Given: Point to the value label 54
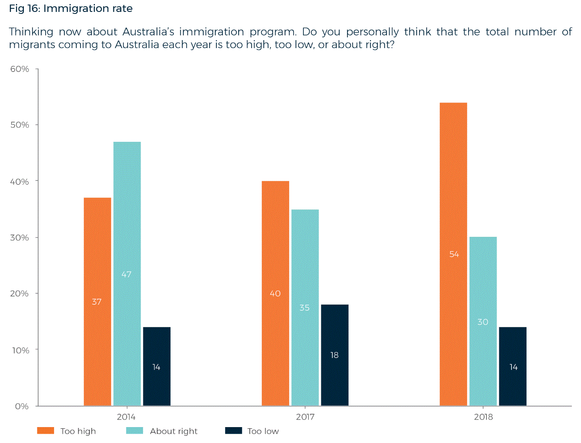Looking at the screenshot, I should pyautogui.click(x=454, y=254).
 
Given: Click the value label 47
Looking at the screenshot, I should pyautogui.click(x=126, y=275).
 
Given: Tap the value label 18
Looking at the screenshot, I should pyautogui.click(x=334, y=355).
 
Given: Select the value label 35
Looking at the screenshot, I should pyautogui.click(x=305, y=308).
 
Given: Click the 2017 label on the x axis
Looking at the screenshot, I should pyautogui.click(x=305, y=417).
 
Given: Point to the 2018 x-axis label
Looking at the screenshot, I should pyautogui.click(x=483, y=417).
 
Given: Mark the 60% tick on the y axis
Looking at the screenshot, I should pyautogui.click(x=20, y=69).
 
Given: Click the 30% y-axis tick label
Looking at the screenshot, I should pyautogui.click(x=20, y=238).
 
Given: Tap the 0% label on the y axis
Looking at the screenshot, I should pyautogui.click(x=22, y=406).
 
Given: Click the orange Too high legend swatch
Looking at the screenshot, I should pyautogui.click(x=45, y=431).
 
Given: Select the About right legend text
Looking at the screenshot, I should pyautogui.click(x=174, y=431).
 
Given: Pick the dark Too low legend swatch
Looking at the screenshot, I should pyautogui.click(x=234, y=431).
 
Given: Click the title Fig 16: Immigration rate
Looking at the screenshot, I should pyautogui.click(x=71, y=8).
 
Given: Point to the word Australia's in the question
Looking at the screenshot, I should pyautogui.click(x=148, y=32).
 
